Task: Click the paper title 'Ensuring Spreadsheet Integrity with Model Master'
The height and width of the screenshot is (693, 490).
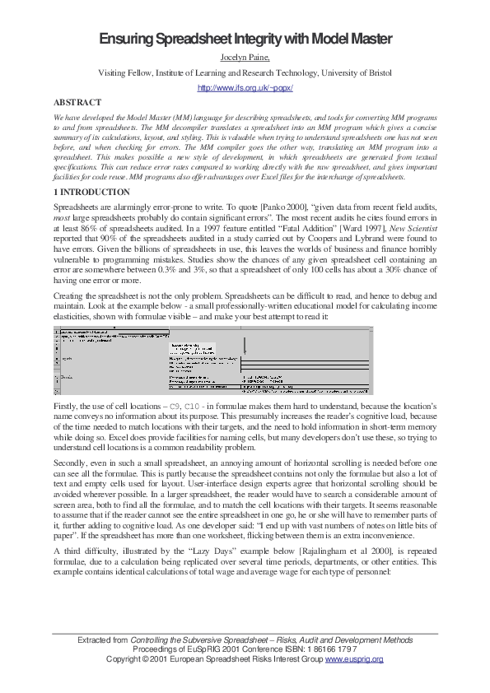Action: tap(245, 40)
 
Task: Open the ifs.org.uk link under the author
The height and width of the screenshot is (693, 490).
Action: tap(245, 87)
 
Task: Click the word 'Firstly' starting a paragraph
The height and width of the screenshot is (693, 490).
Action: tap(66, 407)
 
